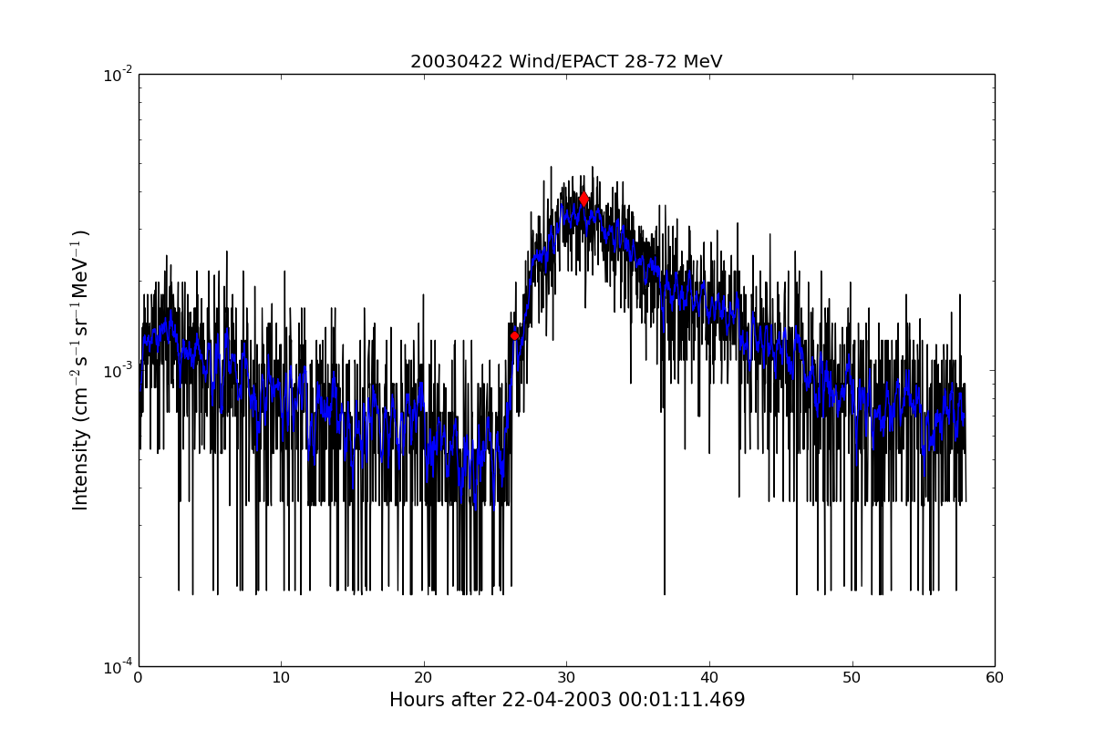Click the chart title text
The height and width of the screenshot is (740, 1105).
pos(566,62)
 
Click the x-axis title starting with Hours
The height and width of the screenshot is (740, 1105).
pos(566,700)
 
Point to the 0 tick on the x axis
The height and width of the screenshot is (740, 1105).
pos(139,678)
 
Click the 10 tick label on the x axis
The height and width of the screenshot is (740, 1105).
pos(281,678)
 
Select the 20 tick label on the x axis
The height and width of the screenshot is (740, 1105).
pos(424,678)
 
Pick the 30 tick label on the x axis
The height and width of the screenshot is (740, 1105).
pos(566,678)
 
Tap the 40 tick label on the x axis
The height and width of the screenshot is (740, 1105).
pos(709,678)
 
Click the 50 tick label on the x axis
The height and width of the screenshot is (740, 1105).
pos(852,678)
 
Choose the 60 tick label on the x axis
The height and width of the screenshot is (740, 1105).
pos(994,678)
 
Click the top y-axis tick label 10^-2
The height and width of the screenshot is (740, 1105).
pos(119,75)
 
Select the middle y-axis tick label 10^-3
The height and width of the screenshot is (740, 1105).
pos(119,371)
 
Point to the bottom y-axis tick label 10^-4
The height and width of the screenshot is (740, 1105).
pos(119,667)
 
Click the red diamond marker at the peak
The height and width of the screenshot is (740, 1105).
pos(583,199)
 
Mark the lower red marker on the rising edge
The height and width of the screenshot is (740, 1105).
pos(514,335)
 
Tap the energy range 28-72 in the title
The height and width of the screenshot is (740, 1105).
pos(652,62)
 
